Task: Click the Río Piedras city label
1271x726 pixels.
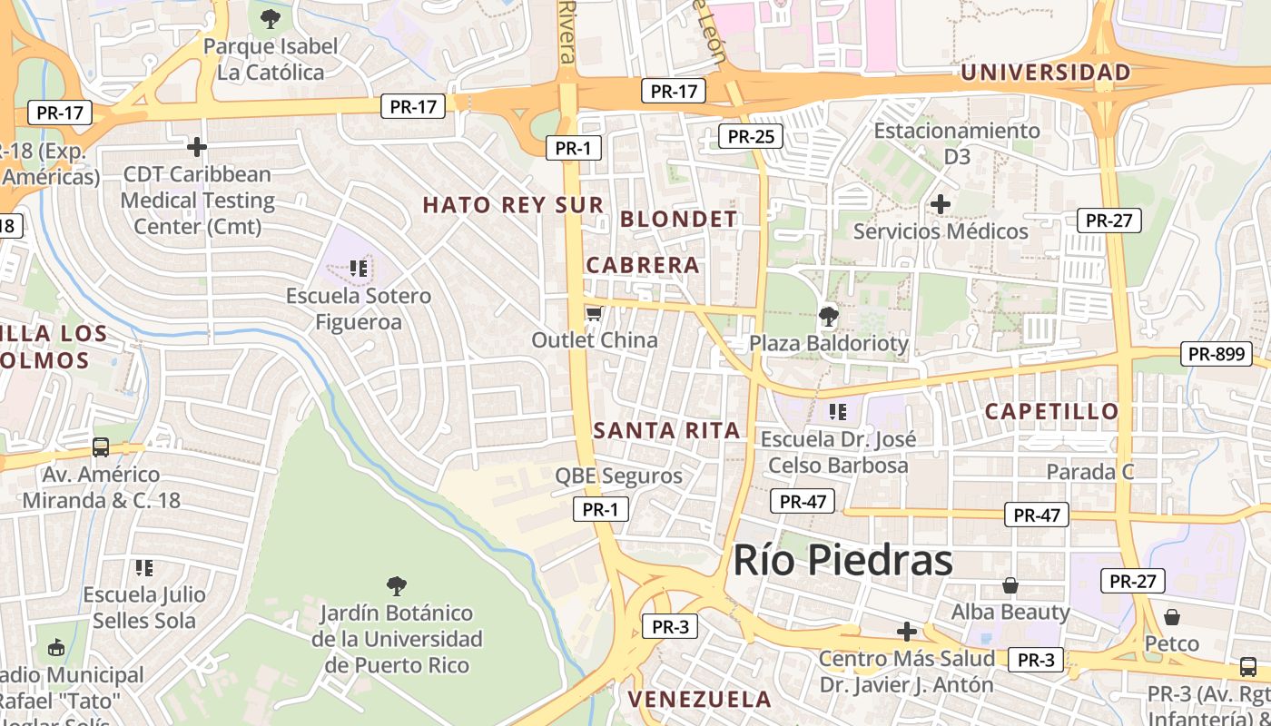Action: click(x=842, y=560)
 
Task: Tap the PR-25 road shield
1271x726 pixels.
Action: click(x=750, y=137)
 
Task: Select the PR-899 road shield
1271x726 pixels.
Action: click(x=1216, y=354)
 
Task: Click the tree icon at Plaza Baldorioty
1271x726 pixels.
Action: click(x=828, y=317)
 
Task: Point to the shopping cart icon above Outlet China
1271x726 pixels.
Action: click(x=594, y=314)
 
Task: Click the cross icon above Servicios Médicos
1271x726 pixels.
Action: click(x=941, y=204)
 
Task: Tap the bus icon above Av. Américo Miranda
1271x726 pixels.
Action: click(x=101, y=447)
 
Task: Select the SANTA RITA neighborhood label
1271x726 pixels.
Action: click(x=667, y=430)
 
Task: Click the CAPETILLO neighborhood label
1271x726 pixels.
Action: click(x=1051, y=411)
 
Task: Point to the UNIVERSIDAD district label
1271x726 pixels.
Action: click(x=1046, y=72)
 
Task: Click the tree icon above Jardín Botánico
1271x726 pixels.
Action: click(x=396, y=585)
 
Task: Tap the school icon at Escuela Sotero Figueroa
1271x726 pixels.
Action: click(x=359, y=269)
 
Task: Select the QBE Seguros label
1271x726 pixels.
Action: click(x=618, y=476)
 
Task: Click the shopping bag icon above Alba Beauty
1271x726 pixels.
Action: click(x=1010, y=585)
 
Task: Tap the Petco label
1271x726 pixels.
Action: click(x=1171, y=643)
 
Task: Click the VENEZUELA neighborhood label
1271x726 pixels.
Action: click(x=699, y=700)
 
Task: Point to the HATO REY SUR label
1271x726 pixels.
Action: click(x=513, y=205)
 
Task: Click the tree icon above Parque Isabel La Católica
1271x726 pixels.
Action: click(x=270, y=18)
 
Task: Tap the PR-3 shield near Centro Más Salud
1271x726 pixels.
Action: click(x=1035, y=661)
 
